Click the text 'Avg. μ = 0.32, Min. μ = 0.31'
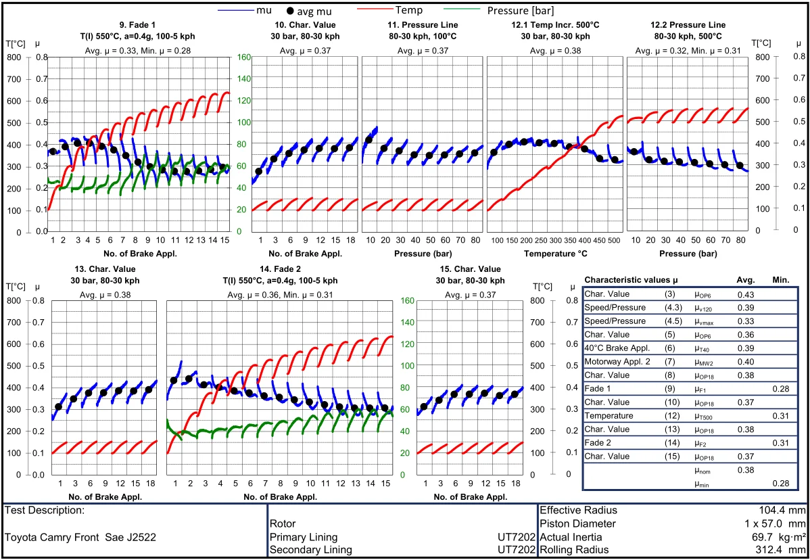coord(688,51)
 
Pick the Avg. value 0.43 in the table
coord(745,294)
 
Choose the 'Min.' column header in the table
coord(780,279)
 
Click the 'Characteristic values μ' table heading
coord(631,279)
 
